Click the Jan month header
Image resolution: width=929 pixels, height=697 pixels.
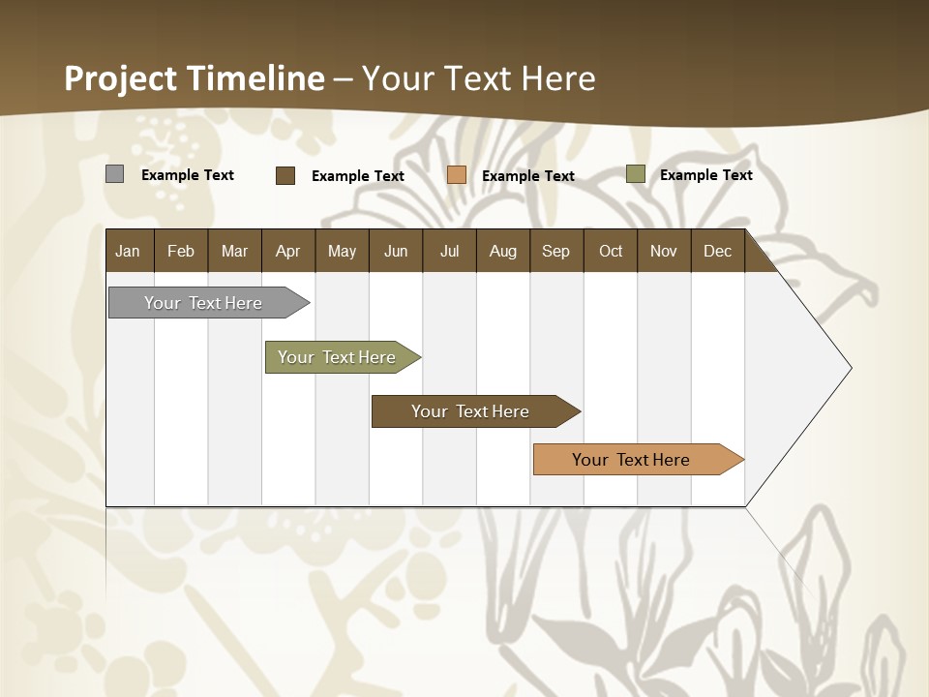[x=128, y=252]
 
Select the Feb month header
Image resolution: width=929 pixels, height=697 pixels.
[x=181, y=252]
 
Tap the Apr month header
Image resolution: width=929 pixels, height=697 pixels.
[x=288, y=252]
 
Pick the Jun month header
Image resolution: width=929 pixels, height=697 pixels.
[x=396, y=252]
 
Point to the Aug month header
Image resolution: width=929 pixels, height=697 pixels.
[x=503, y=252]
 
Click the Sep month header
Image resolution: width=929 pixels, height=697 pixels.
[x=556, y=252]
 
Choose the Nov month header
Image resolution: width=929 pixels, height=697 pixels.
[x=664, y=252]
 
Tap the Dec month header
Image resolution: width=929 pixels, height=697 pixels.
[x=718, y=252]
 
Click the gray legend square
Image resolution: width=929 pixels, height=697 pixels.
[x=115, y=174]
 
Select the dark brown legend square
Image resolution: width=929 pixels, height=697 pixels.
[x=285, y=175]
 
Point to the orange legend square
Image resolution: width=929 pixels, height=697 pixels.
[x=457, y=175]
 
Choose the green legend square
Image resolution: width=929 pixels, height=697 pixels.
[x=636, y=174]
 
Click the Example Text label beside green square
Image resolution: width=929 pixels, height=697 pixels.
[x=705, y=175]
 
